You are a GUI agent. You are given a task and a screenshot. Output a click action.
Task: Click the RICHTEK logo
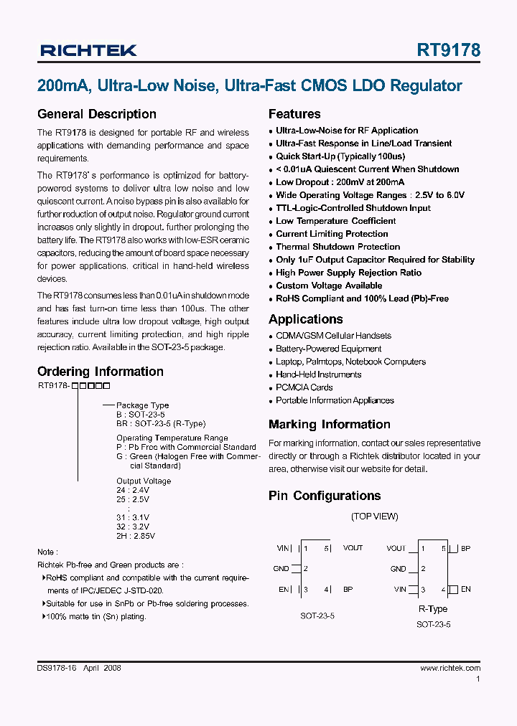[x=88, y=50]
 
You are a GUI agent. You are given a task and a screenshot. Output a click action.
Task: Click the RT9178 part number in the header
[x=448, y=50]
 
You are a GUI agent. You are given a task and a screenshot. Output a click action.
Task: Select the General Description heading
[x=96, y=114]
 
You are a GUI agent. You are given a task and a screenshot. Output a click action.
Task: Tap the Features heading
[x=294, y=114]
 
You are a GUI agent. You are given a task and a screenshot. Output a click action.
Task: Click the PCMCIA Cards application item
[x=304, y=387]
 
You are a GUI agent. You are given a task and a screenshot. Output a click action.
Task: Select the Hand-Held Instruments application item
[x=318, y=374]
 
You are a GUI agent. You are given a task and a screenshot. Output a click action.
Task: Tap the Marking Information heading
[x=329, y=425]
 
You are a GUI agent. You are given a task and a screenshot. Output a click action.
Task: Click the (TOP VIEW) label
[x=374, y=517]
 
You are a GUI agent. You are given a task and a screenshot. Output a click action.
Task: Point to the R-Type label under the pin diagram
[x=433, y=609]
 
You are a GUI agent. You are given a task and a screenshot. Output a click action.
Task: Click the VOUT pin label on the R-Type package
[x=396, y=548]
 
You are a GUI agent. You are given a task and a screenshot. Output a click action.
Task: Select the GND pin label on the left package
[x=281, y=569]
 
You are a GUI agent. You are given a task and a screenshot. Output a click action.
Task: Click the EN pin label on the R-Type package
[x=465, y=590]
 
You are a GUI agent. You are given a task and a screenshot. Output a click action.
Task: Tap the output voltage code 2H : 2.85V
[x=136, y=535]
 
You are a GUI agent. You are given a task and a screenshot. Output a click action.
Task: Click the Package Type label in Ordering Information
[x=142, y=405]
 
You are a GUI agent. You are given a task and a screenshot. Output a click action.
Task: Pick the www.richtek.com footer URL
[x=450, y=668]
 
